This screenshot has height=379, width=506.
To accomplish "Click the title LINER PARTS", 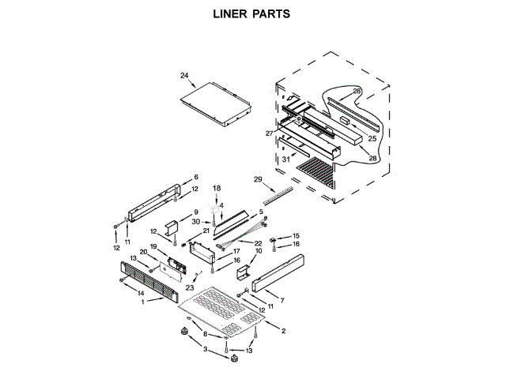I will pos(252,13).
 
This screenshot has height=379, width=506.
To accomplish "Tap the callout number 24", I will pos(184,76).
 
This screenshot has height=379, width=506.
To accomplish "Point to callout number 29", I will pos(257,180).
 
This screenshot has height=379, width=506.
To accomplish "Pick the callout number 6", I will pos(196,177).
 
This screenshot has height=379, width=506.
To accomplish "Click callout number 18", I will pos(216,188).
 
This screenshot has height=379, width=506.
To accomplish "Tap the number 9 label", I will pos(195,213).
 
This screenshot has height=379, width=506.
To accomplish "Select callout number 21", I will pos(206,231).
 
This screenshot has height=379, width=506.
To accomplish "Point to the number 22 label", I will pos(258,244).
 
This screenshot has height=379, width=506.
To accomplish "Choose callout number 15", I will pos(296,236).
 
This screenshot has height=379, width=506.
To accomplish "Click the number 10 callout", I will pos(257,251).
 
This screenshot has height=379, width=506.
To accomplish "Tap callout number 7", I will pos(281,301).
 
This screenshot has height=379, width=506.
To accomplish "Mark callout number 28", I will pos(372,158).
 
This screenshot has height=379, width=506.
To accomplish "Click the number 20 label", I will pos(144,252).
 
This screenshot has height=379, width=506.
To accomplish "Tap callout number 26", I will pos(357,92).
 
